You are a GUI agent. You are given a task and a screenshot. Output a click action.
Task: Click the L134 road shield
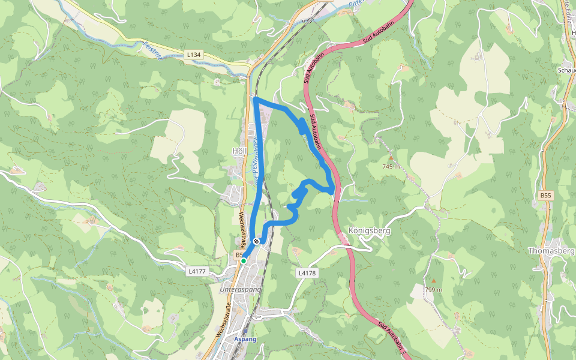click(x=193, y=55)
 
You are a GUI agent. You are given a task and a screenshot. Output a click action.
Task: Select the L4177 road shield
click(x=197, y=271)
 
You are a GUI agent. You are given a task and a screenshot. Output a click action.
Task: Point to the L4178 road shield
click(x=307, y=273)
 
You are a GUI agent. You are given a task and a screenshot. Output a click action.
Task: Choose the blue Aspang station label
click(x=245, y=340)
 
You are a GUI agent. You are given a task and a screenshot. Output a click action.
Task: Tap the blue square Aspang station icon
click(x=245, y=331)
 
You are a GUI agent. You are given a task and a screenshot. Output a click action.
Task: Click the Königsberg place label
click(x=369, y=230)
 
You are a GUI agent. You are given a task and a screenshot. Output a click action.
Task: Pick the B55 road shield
click(x=545, y=196)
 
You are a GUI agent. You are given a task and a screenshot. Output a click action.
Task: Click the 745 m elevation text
click(x=391, y=166)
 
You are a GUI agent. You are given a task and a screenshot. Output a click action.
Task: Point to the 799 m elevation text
click(x=433, y=290)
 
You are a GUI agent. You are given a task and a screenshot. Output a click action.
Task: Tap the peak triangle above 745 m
click(x=391, y=158)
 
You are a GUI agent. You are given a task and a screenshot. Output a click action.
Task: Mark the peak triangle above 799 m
click(x=433, y=281)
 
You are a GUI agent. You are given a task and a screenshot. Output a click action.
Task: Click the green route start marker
click(x=244, y=261)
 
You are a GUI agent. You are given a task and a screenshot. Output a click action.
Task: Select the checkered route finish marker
click(x=257, y=241)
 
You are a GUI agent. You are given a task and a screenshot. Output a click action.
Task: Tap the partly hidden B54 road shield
click(x=238, y=254)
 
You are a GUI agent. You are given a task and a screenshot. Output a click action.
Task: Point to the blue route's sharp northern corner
click(x=256, y=98)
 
